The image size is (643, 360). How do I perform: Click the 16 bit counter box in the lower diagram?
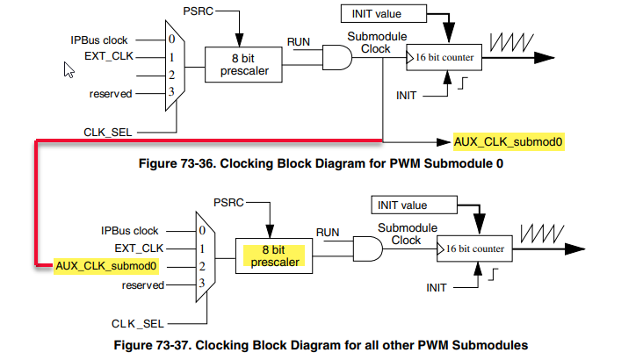pyautogui.click(x=474, y=248)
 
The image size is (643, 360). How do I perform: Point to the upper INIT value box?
pyautogui.click(x=375, y=13)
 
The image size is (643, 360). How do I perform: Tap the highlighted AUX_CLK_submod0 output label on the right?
pyautogui.click(x=508, y=140)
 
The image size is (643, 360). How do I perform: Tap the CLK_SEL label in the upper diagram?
pyautogui.click(x=108, y=132)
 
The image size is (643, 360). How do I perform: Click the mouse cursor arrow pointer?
pyautogui.click(x=69, y=68)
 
